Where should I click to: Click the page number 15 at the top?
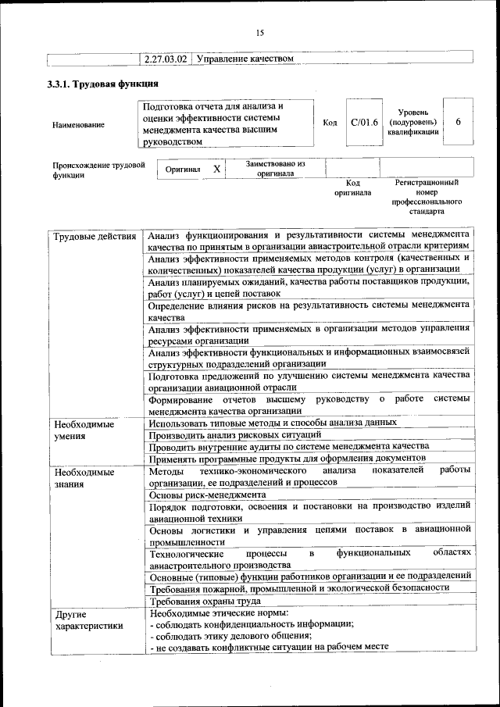point(260,32)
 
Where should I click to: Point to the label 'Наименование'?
point(79,125)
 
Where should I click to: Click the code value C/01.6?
point(364,123)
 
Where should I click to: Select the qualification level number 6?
point(458,123)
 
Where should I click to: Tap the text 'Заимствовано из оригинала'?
point(274,169)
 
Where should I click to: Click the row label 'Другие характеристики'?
point(88,620)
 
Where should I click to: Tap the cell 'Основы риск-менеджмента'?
point(207,495)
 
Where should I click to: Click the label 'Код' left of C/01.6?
point(330,123)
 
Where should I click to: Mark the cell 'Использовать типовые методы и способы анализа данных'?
point(273,423)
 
